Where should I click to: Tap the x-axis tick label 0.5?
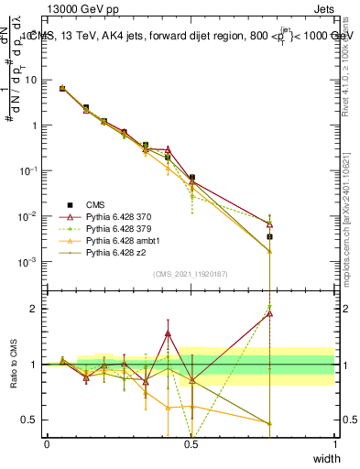(x=191, y=444)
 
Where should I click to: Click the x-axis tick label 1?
(x=334, y=444)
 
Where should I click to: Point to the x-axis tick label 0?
(x=47, y=444)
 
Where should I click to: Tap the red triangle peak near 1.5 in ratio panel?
(x=168, y=334)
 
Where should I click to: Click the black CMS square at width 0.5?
(x=191, y=178)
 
